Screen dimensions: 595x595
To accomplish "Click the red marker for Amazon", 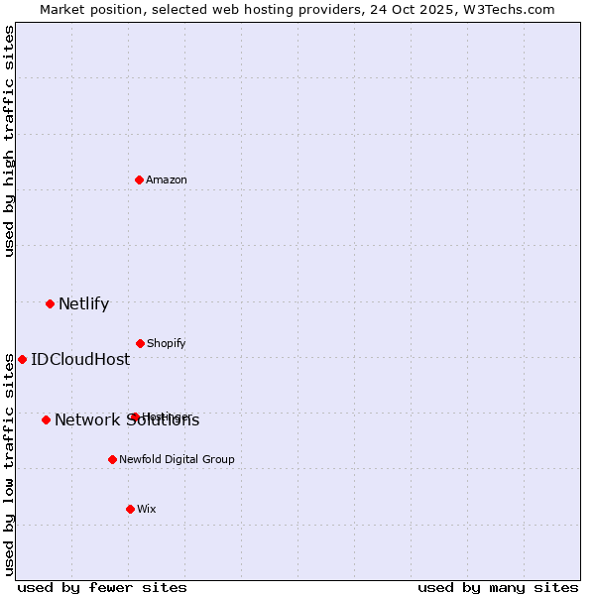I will pos(140,179).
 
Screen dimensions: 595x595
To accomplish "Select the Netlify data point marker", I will pos(50,303).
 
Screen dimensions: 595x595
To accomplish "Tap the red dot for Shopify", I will pos(140,343).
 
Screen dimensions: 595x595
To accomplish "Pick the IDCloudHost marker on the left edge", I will pos(22,359).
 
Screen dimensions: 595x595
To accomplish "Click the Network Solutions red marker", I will pos(46,419).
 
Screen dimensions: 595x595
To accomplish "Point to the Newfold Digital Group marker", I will pos(112,459).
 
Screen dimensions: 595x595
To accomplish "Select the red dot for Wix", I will pos(130,509).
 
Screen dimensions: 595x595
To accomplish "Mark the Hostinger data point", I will pos(134,416).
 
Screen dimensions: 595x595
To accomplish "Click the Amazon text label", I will pos(167,179).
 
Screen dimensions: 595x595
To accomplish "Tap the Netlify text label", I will pos(83,304).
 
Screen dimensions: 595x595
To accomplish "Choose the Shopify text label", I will pos(167,343).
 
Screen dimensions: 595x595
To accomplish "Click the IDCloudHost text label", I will pos(80,360).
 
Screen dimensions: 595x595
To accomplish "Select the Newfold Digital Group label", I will pos(178,459).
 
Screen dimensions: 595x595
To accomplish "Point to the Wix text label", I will pos(147,509).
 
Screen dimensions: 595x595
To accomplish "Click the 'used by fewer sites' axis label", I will pos(102,587).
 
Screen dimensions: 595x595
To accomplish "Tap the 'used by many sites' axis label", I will pos(498,587).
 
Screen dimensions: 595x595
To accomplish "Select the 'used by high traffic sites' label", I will pos(9,141).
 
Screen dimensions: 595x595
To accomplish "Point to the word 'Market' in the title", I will pos(63,9).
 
